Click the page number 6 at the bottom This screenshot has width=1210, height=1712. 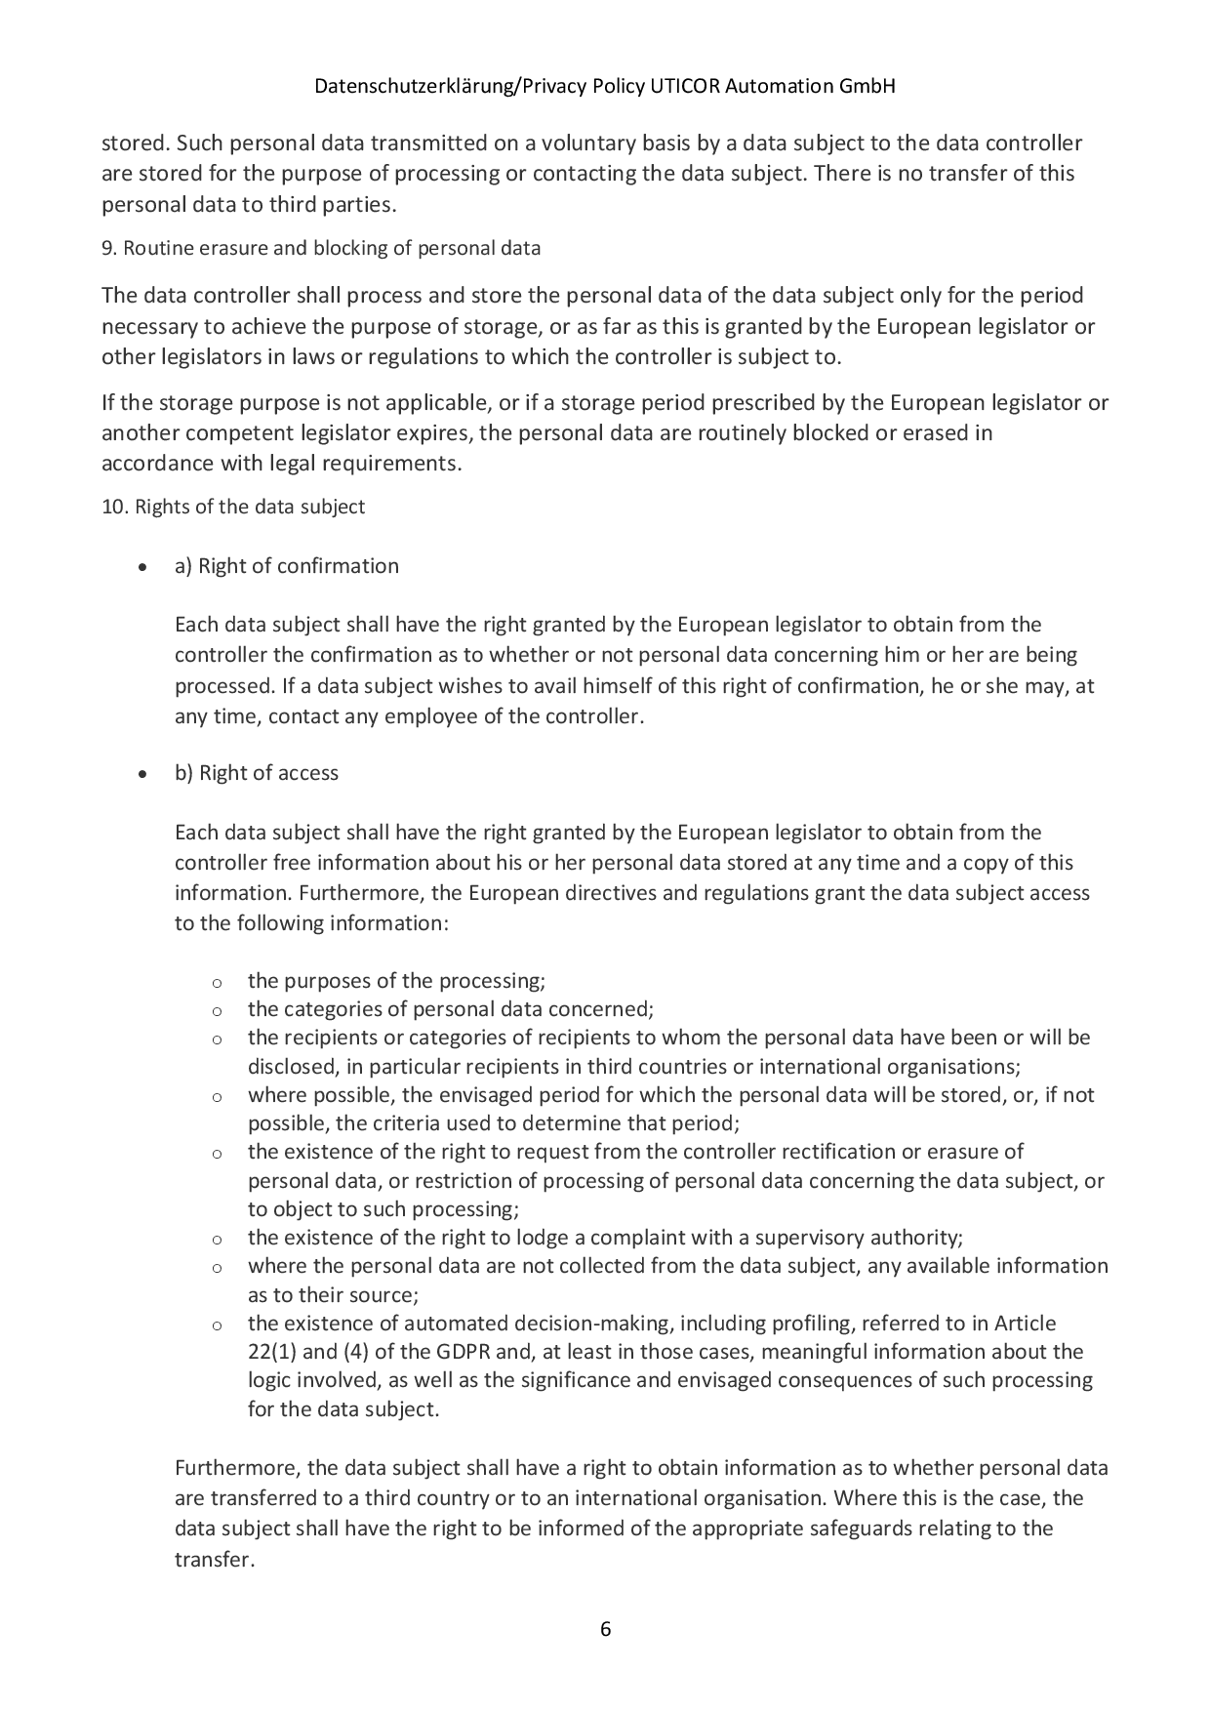[x=605, y=1629]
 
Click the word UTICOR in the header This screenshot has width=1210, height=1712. [x=685, y=86]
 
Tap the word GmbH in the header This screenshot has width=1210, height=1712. [x=867, y=86]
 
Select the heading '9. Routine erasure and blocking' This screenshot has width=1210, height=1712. [x=321, y=248]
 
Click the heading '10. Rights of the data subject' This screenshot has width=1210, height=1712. [x=233, y=507]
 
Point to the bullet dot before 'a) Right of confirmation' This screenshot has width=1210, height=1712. [x=143, y=567]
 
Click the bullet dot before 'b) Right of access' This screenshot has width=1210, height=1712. [x=143, y=774]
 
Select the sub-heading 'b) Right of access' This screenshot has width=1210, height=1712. [x=257, y=773]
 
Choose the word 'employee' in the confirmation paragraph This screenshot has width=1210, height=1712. [x=433, y=715]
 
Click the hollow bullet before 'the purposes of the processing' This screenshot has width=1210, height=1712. [x=217, y=982]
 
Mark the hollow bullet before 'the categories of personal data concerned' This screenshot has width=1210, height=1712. [x=217, y=1010]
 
